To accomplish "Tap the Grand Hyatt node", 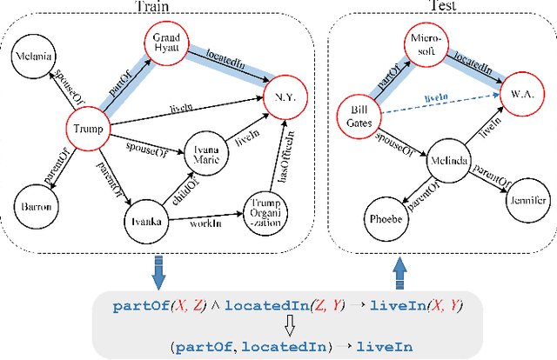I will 166,44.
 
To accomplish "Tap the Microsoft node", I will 424,45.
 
